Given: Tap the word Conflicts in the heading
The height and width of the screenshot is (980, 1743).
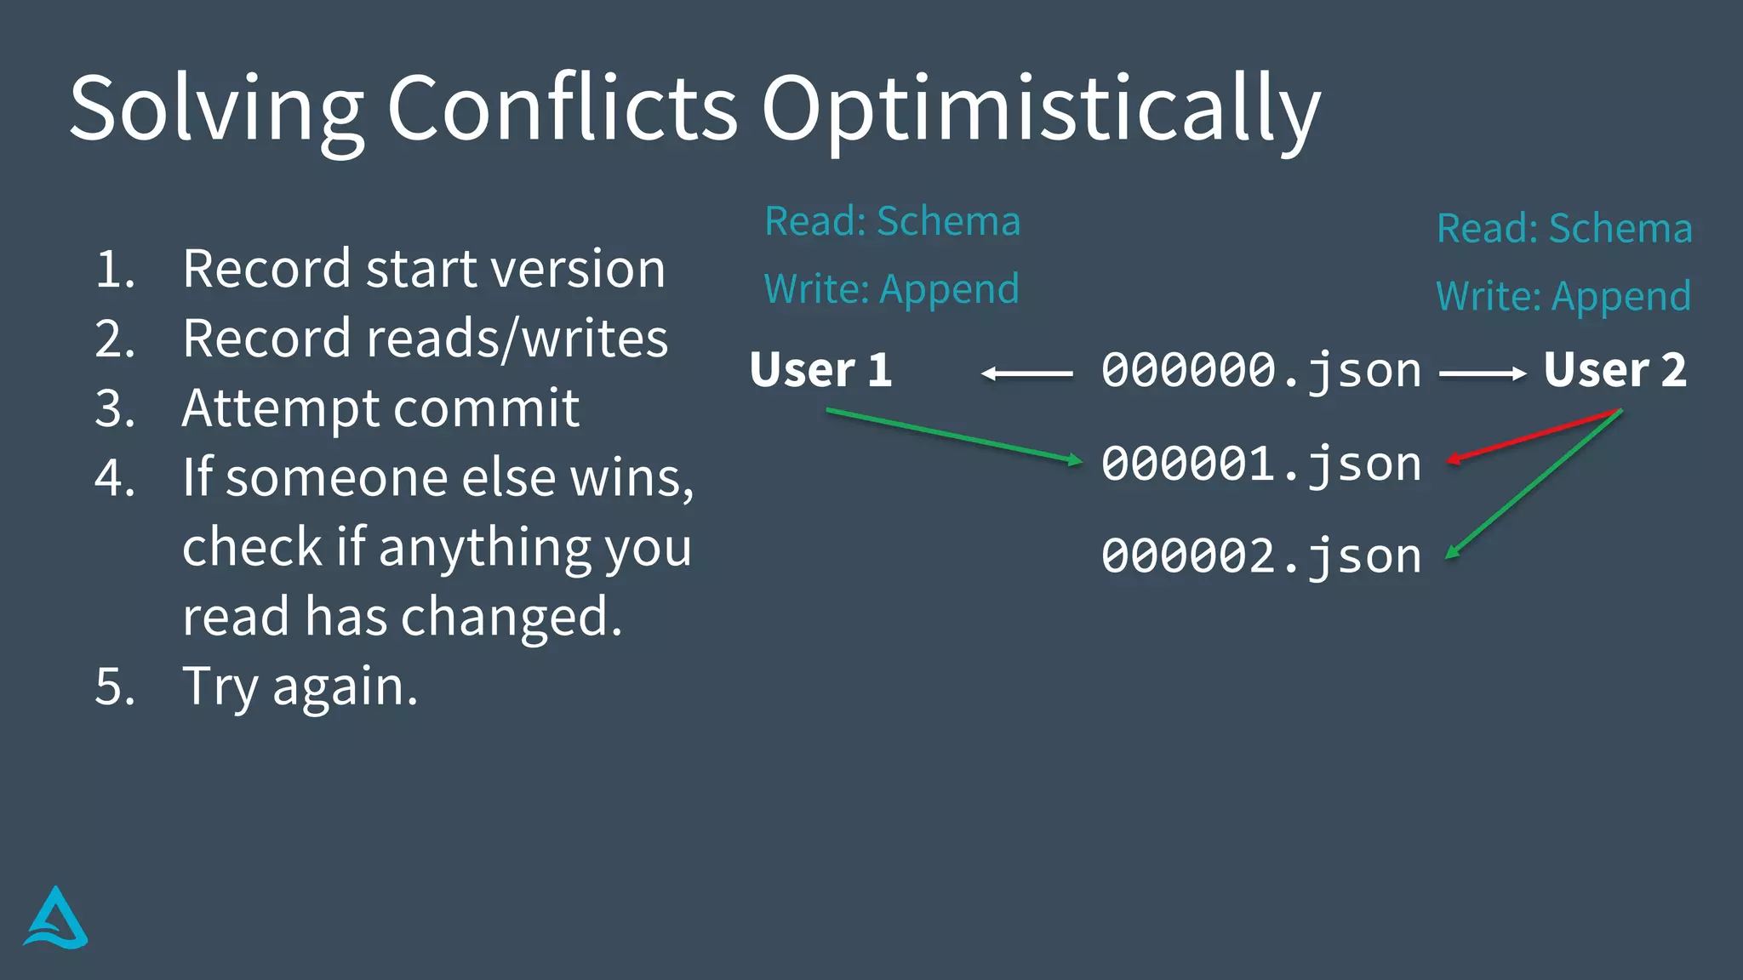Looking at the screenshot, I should point(562,109).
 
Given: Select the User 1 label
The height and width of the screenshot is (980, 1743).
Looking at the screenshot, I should point(820,370).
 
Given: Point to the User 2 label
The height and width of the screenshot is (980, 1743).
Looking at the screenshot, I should point(1614,370).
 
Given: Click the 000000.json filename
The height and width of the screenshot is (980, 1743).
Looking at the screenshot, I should point(1261,371).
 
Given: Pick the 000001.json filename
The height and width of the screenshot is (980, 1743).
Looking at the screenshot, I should point(1261,464).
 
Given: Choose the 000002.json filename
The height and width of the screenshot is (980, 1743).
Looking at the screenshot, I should point(1261,557).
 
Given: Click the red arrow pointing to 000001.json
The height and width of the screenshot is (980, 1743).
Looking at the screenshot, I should point(1532,436).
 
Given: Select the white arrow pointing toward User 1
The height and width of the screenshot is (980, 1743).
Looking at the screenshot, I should point(1026,373).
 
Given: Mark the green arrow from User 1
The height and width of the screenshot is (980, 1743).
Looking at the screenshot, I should point(953,436).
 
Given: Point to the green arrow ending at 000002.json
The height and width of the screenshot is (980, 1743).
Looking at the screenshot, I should point(1532,485).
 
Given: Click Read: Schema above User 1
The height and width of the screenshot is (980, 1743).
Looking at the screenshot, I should point(892,221).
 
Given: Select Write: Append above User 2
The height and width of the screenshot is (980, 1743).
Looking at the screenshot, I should point(1563,296).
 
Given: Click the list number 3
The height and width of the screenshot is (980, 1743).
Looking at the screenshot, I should point(115,408).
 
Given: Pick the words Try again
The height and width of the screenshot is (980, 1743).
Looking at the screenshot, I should point(300,686).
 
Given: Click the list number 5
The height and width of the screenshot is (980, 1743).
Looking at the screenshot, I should point(115,686).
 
